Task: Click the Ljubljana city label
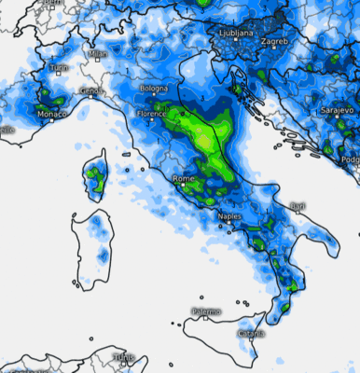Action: pos(234,32)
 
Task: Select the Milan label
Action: pos(97,54)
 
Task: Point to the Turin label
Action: pos(59,68)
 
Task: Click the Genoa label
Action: pos(90,90)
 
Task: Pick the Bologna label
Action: pos(153,89)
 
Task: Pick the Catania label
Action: pos(249,333)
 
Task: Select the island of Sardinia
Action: pos(93,247)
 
